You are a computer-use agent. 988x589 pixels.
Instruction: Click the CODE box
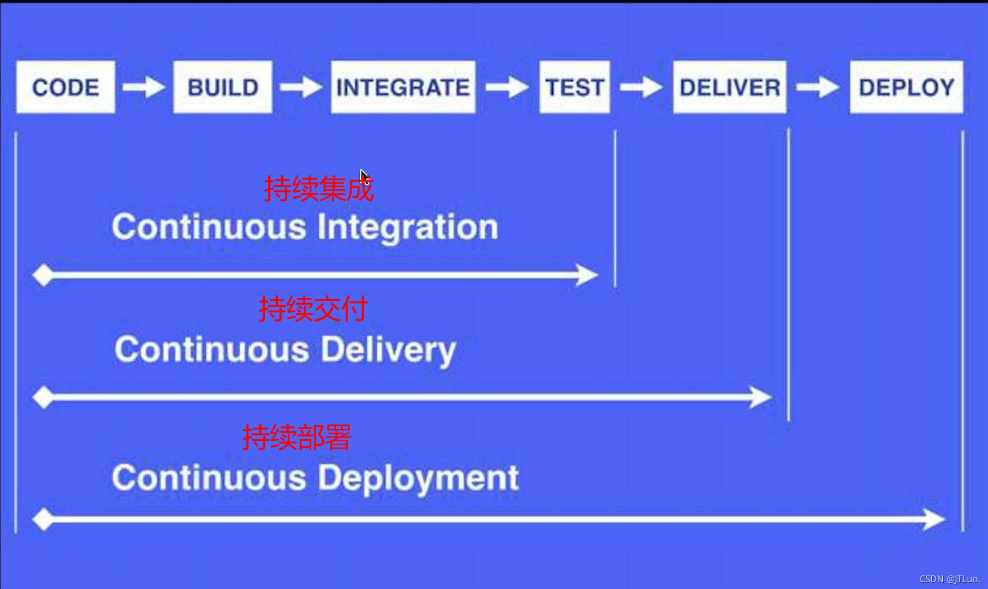(x=65, y=87)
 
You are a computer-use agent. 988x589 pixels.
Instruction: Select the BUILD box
(x=222, y=87)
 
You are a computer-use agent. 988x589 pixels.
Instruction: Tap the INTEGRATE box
(x=403, y=87)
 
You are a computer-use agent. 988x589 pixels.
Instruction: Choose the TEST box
(x=574, y=87)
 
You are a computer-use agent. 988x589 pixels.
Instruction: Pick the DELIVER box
(x=729, y=87)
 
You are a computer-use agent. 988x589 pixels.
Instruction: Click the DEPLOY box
(x=906, y=87)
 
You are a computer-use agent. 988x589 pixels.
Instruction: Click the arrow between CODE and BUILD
(x=143, y=87)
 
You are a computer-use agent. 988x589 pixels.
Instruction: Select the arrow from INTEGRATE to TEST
(x=507, y=87)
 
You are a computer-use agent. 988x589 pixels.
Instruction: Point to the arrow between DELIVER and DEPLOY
(x=818, y=87)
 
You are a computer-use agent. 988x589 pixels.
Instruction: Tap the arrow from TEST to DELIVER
(x=641, y=87)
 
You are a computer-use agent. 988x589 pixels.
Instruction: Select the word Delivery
(x=388, y=350)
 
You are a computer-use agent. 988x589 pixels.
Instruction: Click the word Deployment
(x=418, y=478)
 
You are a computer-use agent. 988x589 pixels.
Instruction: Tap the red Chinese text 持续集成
(x=318, y=188)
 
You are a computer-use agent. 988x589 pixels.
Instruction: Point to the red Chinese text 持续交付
(x=313, y=308)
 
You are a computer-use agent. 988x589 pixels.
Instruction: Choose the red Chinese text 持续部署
(x=297, y=437)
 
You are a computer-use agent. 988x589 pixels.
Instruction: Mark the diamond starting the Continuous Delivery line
(x=43, y=397)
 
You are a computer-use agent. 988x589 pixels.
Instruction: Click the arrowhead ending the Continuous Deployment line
(x=934, y=520)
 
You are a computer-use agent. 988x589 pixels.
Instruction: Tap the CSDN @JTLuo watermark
(x=949, y=579)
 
